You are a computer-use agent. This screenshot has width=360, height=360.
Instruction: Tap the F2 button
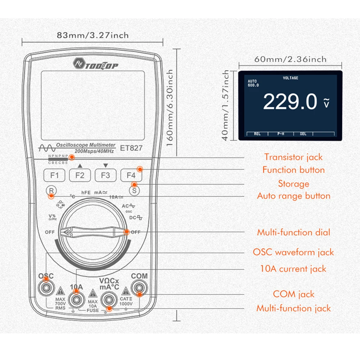(80, 176)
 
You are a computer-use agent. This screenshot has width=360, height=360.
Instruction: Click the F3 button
(105, 176)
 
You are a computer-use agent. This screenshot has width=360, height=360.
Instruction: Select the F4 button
(131, 176)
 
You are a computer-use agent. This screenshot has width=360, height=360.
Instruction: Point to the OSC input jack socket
(46, 287)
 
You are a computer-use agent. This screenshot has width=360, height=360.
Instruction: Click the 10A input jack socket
(76, 299)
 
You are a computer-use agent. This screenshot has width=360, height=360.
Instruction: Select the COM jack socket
(139, 287)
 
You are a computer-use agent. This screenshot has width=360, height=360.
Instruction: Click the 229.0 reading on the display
(290, 102)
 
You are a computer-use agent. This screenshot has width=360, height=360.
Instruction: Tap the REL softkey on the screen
(257, 134)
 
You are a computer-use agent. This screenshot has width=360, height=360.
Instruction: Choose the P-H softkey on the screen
(281, 134)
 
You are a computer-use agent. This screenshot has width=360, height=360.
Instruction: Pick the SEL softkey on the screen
(303, 134)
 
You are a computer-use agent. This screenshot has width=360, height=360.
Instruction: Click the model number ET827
(131, 147)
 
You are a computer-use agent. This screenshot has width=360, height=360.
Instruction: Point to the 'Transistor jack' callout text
(293, 157)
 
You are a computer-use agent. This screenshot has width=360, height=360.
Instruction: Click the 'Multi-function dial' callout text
(293, 232)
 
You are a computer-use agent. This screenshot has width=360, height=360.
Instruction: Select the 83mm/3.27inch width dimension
(92, 35)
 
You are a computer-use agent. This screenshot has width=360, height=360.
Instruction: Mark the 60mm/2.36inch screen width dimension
(291, 59)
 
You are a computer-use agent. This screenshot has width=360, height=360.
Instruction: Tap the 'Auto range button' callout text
(293, 196)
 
